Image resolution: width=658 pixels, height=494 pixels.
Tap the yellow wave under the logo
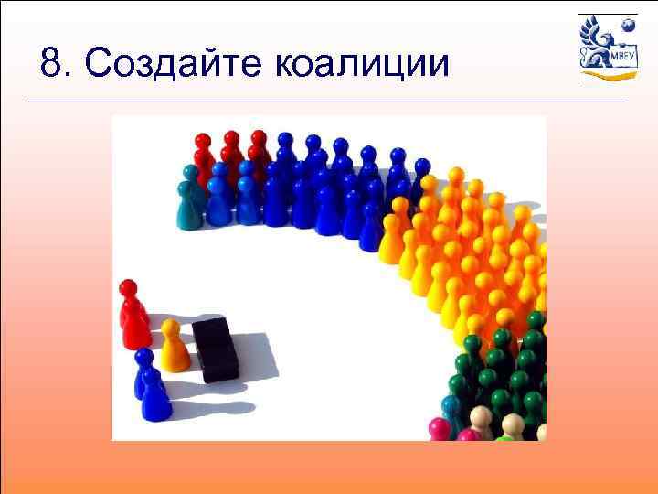(x=608, y=76)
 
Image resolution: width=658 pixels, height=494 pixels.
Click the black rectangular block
(x=216, y=349)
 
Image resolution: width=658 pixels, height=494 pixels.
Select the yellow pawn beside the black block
(x=173, y=349)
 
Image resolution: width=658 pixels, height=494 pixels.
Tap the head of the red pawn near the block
(x=128, y=289)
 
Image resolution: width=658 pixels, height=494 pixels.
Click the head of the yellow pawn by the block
(x=171, y=327)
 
